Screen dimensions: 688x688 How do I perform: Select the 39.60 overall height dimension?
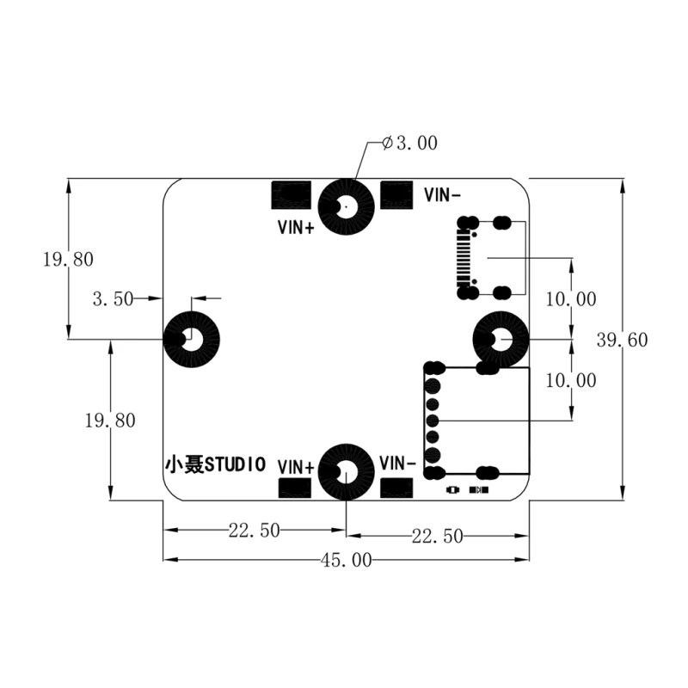[x=622, y=340]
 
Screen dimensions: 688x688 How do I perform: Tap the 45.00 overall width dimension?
[x=346, y=561]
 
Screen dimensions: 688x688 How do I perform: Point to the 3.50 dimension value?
[x=113, y=299]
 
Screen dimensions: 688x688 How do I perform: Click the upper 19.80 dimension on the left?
[x=68, y=259]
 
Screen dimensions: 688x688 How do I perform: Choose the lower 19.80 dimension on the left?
[x=110, y=421]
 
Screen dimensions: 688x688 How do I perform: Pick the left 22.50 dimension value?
[x=254, y=531]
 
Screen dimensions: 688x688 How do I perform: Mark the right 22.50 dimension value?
[x=437, y=537]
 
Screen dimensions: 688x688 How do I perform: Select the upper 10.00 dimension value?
[x=570, y=299]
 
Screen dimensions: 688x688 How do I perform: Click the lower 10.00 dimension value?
[x=570, y=380]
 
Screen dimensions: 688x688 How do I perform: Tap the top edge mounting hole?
[x=347, y=207]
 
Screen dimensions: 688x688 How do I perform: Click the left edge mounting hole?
[x=192, y=339]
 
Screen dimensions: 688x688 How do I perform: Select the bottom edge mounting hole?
[x=347, y=472]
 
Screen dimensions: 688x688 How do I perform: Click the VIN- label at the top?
[x=443, y=195]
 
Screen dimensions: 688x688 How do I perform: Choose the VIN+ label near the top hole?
[x=295, y=228]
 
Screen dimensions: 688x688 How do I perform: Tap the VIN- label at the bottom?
[x=398, y=462]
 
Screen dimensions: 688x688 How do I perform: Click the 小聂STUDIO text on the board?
[x=215, y=464]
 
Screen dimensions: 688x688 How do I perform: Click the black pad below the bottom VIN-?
[x=396, y=487]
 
